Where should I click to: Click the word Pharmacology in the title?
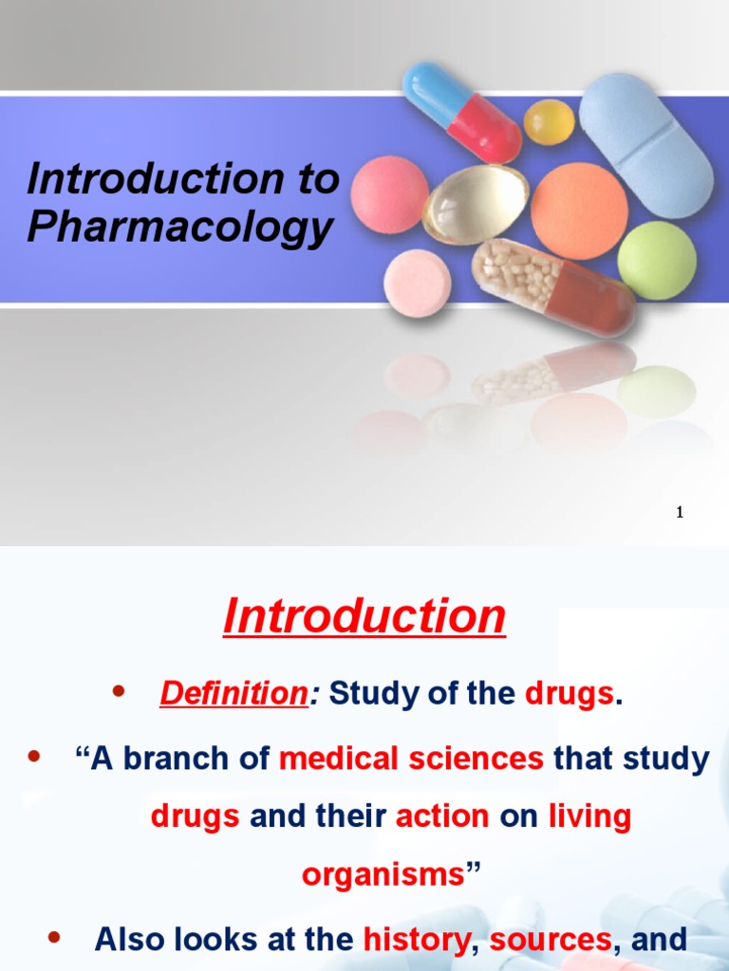coord(180,228)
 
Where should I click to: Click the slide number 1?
coord(680,513)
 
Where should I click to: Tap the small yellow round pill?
coord(549,122)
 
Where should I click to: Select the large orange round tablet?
coord(579,211)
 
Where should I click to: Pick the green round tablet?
coord(656,260)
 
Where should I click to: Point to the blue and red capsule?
coord(462,112)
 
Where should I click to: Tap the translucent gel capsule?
coord(475,203)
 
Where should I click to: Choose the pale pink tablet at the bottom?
coord(417,283)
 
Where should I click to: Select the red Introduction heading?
coord(364,617)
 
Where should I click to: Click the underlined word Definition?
coord(231,694)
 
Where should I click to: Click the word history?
coord(416,940)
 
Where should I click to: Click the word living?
coord(589,816)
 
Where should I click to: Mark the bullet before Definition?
coord(119,692)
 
